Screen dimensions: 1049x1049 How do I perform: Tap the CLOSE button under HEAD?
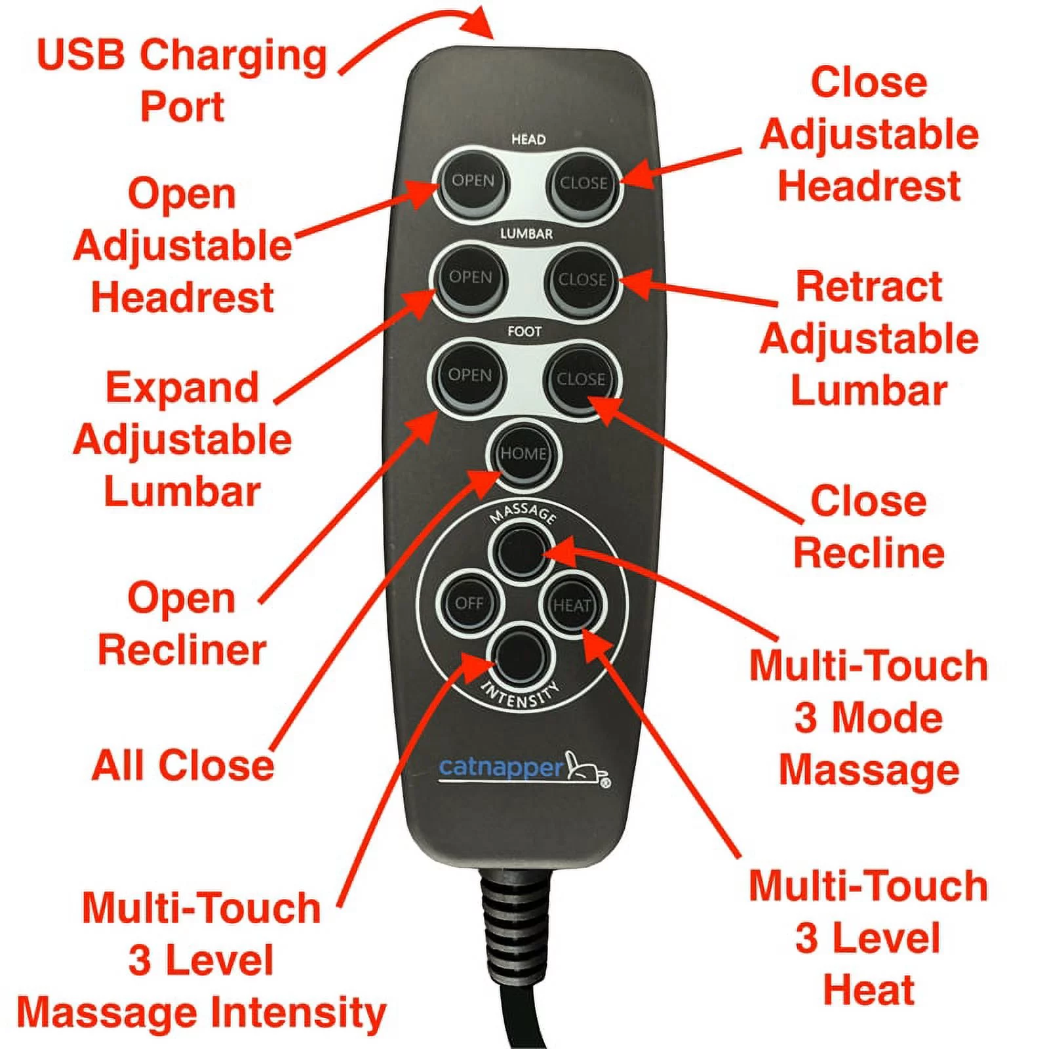tap(582, 183)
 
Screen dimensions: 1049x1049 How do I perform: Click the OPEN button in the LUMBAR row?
tap(470, 278)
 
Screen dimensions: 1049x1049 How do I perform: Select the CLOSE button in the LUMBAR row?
tap(582, 280)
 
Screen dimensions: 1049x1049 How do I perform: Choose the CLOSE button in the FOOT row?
tap(580, 379)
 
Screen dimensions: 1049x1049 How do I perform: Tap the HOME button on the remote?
tap(523, 454)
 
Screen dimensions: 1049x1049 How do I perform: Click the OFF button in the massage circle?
tap(469, 603)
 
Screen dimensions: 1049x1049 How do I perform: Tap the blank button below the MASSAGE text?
tap(521, 552)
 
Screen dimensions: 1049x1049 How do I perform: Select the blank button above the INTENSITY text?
tap(521, 656)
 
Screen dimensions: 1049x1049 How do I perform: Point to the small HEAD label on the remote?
tap(528, 140)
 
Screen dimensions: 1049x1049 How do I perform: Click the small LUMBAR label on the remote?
tap(526, 234)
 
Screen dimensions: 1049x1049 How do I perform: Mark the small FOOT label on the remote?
tap(524, 332)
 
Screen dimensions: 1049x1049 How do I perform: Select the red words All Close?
tap(183, 765)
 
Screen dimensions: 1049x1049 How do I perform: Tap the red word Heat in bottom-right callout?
tap(868, 990)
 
